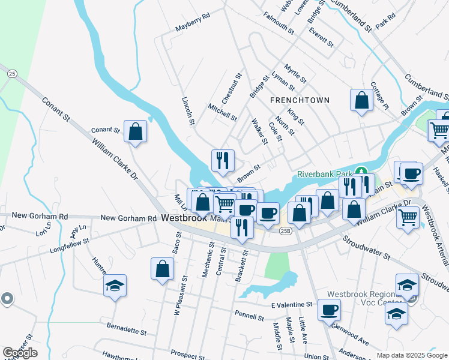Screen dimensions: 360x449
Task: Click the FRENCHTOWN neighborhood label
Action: coord(300,100)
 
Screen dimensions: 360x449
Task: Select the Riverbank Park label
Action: coord(324,175)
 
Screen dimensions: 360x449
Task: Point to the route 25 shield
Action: coord(11,73)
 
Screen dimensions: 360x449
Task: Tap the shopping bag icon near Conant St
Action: coord(136,130)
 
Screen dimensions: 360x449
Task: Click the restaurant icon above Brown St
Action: coord(223,160)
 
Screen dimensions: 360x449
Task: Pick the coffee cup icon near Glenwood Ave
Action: coord(328,311)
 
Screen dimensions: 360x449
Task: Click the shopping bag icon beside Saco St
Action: coord(163,268)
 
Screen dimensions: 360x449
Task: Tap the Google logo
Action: coord(20,353)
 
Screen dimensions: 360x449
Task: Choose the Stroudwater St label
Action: coord(366,248)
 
